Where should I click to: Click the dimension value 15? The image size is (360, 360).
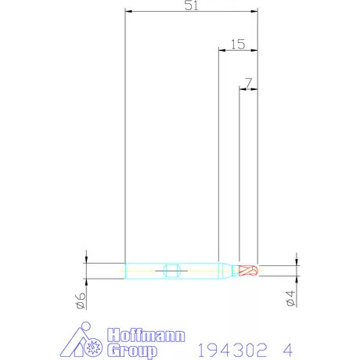(x=238, y=45)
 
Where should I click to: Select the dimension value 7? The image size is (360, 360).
(x=248, y=81)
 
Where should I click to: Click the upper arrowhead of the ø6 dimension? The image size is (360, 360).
(x=86, y=260)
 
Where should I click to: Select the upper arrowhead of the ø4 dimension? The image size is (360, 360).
(x=297, y=261)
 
